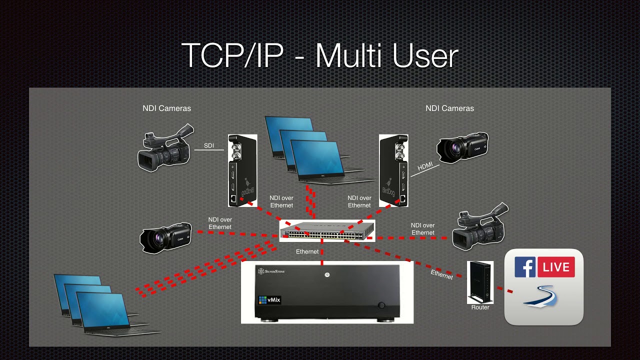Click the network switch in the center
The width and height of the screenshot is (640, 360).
(327, 230)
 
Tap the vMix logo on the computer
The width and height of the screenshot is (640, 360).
(269, 300)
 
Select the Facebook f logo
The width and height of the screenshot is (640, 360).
(525, 267)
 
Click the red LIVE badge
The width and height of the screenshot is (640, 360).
(556, 267)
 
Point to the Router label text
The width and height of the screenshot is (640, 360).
(480, 307)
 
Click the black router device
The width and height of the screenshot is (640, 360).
(480, 282)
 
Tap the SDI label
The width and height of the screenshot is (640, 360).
(209, 146)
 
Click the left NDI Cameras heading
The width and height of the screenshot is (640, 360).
(166, 108)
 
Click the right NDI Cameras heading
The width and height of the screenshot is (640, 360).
(449, 108)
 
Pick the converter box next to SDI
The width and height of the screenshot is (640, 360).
(242, 170)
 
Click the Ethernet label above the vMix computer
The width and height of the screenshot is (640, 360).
(307, 251)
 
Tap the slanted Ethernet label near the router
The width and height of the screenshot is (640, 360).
(441, 274)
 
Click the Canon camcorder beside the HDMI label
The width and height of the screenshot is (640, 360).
(462, 147)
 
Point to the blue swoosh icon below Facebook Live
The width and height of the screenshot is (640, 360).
(540, 296)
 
